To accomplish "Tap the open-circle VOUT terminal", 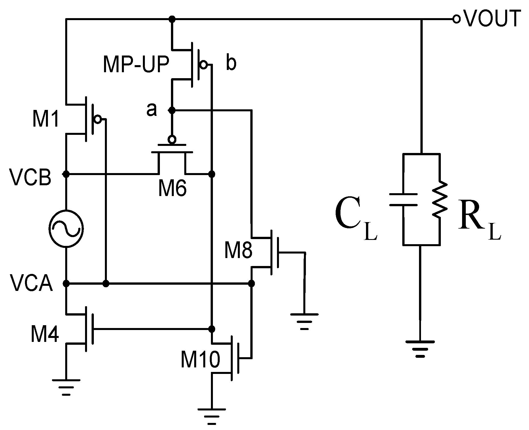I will pyautogui.click(x=456, y=19).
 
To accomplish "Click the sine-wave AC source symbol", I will pyautogui.click(x=66, y=229).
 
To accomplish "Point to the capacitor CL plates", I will pyautogui.click(x=403, y=199).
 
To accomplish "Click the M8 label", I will pyautogui.click(x=238, y=251).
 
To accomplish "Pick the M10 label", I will pyautogui.click(x=200, y=360).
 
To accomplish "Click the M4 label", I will pyautogui.click(x=45, y=335).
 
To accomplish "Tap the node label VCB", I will pyautogui.click(x=30, y=178).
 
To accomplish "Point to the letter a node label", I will pyautogui.click(x=151, y=110).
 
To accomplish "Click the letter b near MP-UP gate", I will pyautogui.click(x=231, y=64).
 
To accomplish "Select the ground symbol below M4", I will pyautogui.click(x=66, y=387).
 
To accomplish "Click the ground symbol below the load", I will pyautogui.click(x=420, y=348).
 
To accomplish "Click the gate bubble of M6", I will pyautogui.click(x=172, y=139).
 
